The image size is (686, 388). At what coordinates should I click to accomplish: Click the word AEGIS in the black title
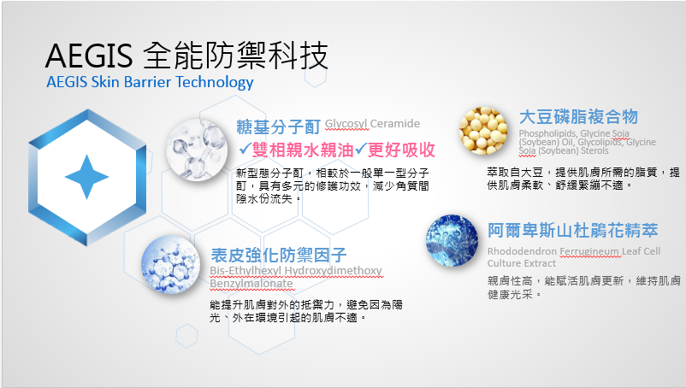pyautogui.click(x=88, y=56)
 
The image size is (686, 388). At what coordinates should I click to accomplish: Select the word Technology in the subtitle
pyautogui.click(x=215, y=83)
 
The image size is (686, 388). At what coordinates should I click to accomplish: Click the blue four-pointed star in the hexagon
pyautogui.click(x=86, y=177)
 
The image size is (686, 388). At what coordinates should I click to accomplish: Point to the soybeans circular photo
pyautogui.click(x=483, y=131)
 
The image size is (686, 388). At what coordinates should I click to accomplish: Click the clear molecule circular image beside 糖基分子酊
pyautogui.click(x=197, y=150)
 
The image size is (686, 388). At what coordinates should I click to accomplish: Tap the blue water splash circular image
pyautogui.click(x=452, y=240)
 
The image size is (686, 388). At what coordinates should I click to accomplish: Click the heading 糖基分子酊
pyautogui.click(x=278, y=126)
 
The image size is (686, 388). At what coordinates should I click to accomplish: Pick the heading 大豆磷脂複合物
pyautogui.click(x=578, y=117)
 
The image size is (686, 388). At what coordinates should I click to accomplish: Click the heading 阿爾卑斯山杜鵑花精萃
pyautogui.click(x=573, y=230)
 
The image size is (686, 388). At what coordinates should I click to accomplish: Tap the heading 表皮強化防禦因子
pyautogui.click(x=278, y=255)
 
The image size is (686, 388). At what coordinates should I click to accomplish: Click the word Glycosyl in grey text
pyautogui.click(x=347, y=124)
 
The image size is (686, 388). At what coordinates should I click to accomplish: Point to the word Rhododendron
pyautogui.click(x=522, y=251)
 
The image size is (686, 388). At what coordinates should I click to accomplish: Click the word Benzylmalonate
pyautogui.click(x=251, y=284)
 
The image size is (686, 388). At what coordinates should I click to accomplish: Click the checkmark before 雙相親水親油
pyautogui.click(x=245, y=150)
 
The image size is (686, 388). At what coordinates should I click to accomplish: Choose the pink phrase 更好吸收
pyautogui.click(x=401, y=150)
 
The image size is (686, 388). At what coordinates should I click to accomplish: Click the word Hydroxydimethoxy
pyautogui.click(x=334, y=271)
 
